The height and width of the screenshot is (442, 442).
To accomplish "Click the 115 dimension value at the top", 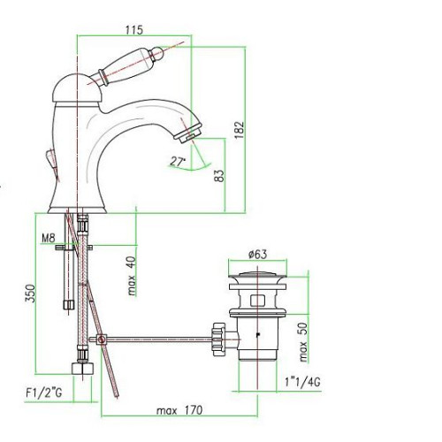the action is tap(134, 30).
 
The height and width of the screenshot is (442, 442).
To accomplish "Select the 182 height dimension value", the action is tap(240, 130).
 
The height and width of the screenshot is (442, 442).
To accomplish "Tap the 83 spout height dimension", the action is tap(219, 176).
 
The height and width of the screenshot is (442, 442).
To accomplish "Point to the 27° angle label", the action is tap(178, 162).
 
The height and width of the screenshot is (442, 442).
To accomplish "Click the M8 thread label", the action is tap(49, 238).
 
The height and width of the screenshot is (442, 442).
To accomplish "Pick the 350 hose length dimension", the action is tap(30, 293).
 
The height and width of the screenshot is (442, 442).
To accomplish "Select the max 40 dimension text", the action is tap(132, 276).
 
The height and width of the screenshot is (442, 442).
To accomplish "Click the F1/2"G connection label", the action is tap(44, 392).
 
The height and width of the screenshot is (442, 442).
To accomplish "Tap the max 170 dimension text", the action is tap(179, 410).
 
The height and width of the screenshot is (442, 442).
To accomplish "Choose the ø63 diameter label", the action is tap(257, 254).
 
